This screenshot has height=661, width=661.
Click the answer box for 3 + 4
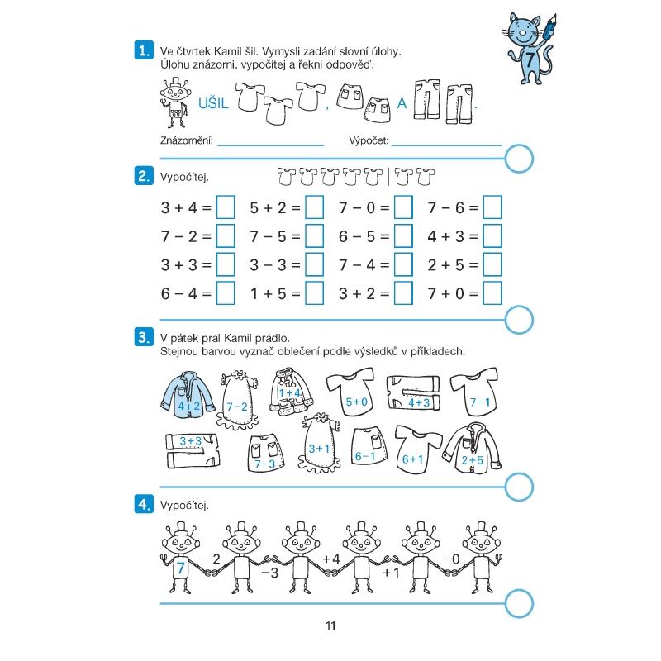[x=226, y=207]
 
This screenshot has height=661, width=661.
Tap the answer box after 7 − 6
[x=492, y=207]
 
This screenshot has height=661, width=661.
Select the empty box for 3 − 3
[x=315, y=264]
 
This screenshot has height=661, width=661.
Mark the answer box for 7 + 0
[x=492, y=293]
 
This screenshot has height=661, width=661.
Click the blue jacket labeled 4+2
[x=188, y=396]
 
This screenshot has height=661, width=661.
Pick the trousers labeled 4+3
[x=413, y=392]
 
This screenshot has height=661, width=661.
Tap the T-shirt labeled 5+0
[x=350, y=392]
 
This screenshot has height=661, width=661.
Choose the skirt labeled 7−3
[x=265, y=454]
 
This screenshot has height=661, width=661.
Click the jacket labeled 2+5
[x=472, y=449]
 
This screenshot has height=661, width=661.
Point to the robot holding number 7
[x=180, y=557]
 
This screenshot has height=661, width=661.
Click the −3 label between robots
[x=270, y=573]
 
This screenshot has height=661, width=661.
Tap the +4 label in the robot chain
[x=331, y=559]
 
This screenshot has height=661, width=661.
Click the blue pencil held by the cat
[x=549, y=27]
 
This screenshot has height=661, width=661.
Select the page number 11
[x=331, y=625]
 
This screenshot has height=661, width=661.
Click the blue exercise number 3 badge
[x=144, y=337]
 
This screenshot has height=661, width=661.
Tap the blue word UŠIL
[x=213, y=103]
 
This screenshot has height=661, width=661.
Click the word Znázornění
[x=187, y=140]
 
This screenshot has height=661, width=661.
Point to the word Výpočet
[x=369, y=140]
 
